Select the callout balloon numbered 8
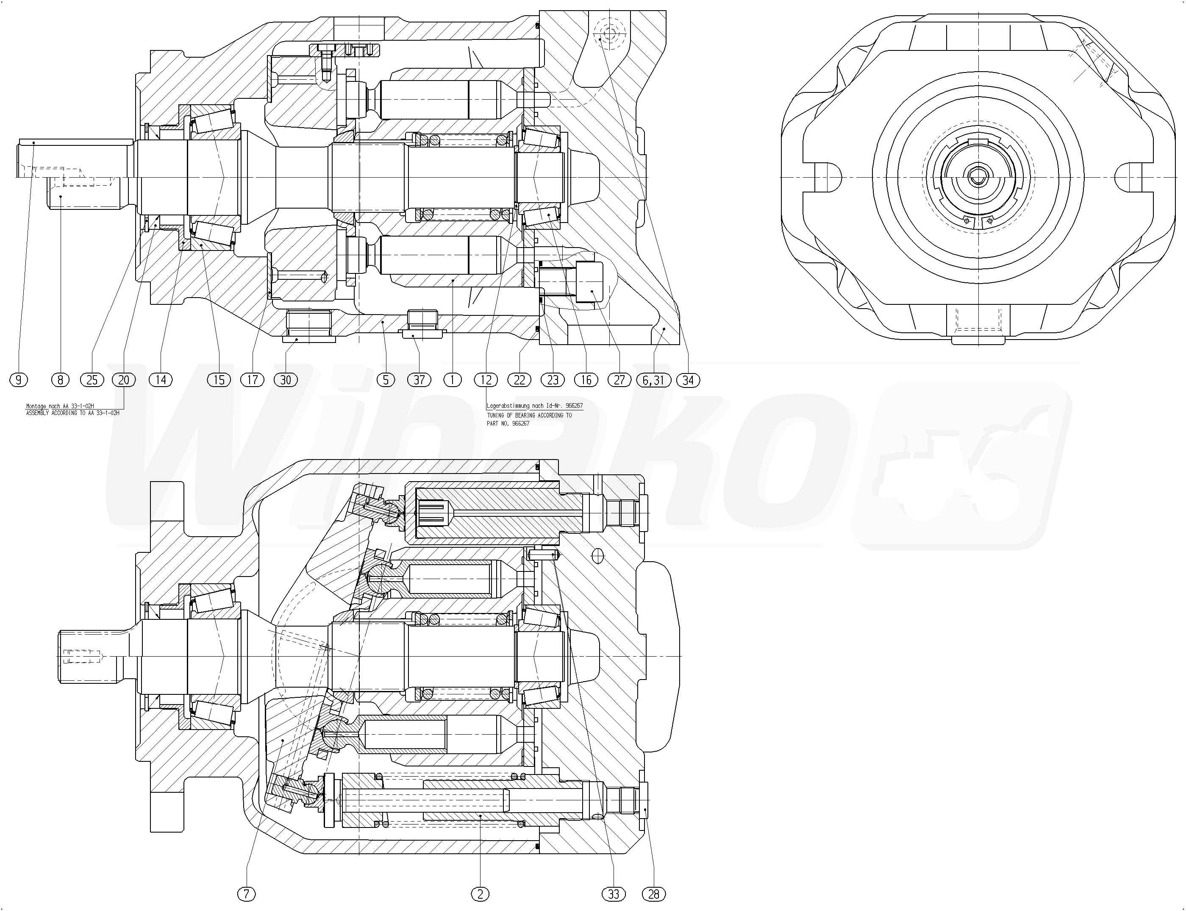60,380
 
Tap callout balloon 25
92,380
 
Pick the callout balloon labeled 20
124,380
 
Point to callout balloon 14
161,380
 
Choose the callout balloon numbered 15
219,380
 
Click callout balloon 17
253,380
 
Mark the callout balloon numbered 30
286,380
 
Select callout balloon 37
419,380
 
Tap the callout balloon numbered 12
486,380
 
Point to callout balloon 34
688,380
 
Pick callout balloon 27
619,380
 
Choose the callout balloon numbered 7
246,894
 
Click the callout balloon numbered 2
480,894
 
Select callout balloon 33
614,894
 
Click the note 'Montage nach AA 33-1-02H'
60,406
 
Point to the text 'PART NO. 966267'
508,423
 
